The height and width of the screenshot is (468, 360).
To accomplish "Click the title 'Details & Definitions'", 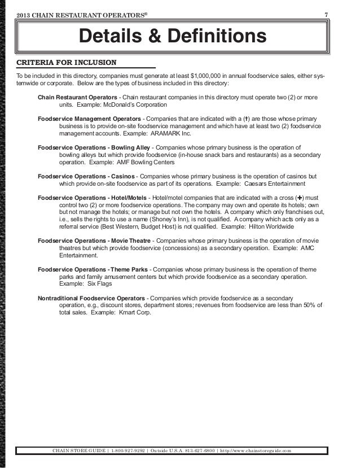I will coord(172,37).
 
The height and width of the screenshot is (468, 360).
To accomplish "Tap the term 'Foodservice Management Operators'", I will coord(89,120).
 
